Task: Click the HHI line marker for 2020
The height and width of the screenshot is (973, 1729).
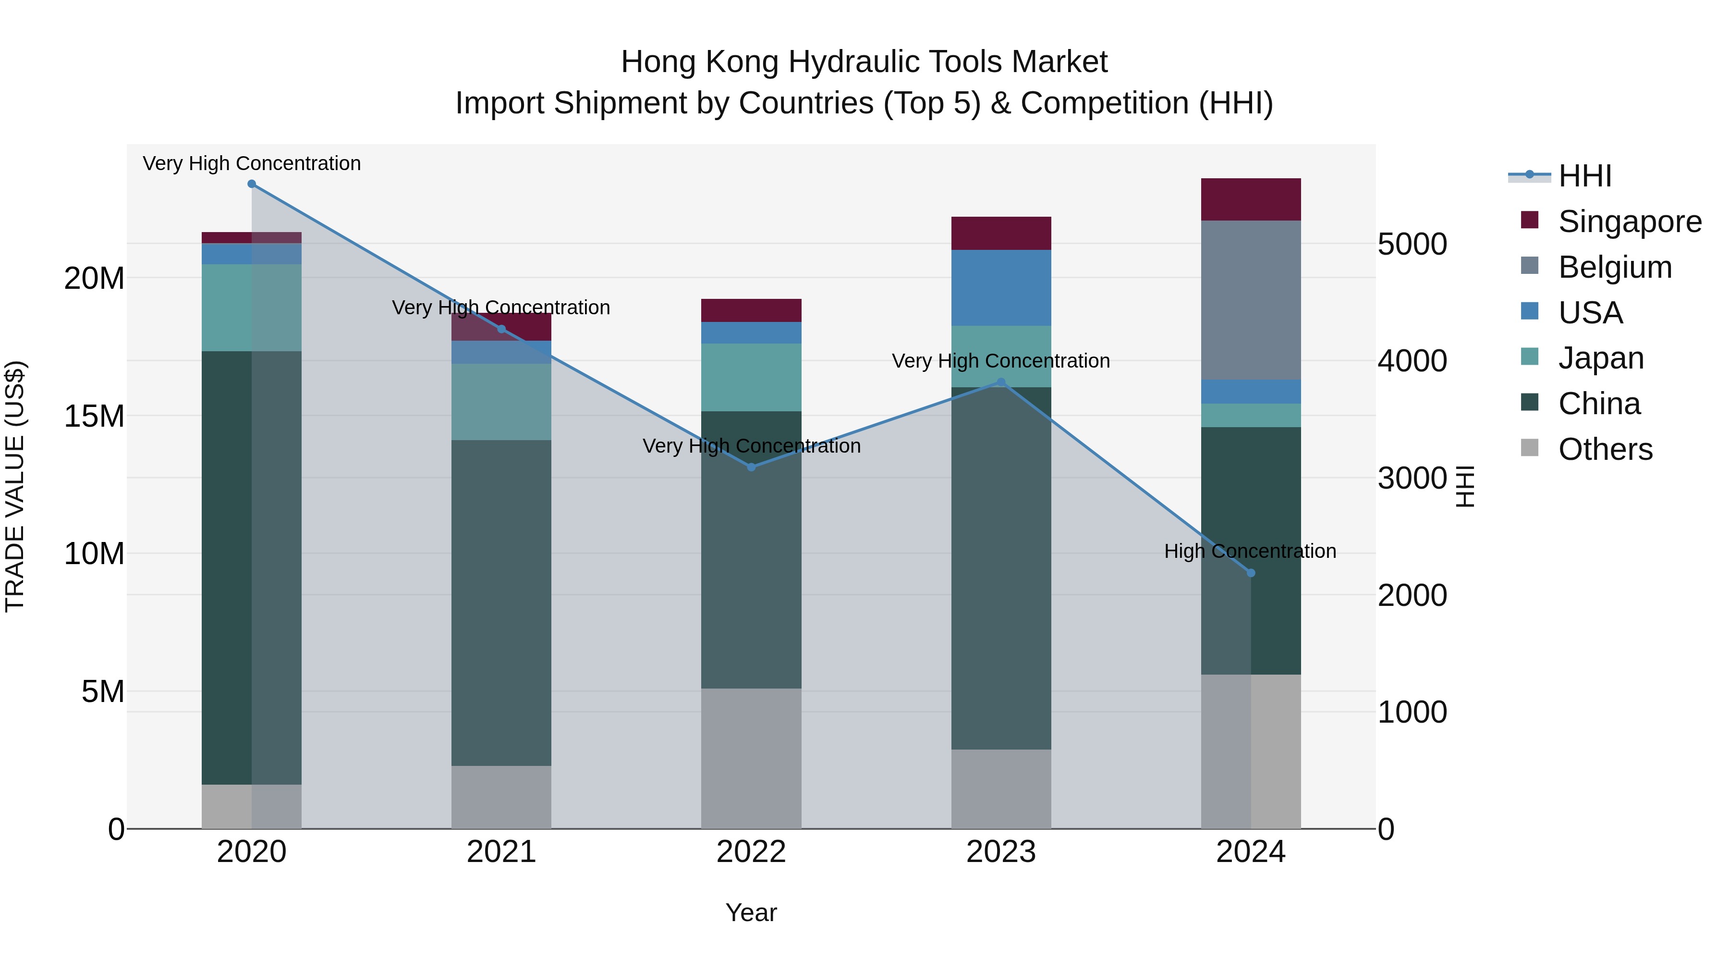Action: pos(252,184)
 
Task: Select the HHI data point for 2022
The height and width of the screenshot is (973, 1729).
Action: pos(751,467)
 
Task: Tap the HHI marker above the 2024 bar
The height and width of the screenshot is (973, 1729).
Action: pos(1251,573)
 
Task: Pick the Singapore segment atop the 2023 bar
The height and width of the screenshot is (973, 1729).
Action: pos(1001,233)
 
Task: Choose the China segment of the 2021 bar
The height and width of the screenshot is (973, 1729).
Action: pos(501,603)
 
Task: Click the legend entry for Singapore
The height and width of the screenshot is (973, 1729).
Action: pos(1629,222)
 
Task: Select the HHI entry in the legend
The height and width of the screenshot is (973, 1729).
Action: pos(1584,176)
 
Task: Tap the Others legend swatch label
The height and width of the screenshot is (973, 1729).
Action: pos(1605,449)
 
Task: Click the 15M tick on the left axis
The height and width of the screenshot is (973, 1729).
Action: pos(94,416)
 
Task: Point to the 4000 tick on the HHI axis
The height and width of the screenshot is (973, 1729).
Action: pos(1412,360)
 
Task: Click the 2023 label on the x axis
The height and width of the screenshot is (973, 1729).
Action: pos(1001,852)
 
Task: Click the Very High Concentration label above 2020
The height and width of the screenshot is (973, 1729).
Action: pos(252,163)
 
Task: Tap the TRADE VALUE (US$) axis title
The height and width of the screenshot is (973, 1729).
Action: pos(15,486)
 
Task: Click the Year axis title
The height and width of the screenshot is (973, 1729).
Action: pos(751,912)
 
